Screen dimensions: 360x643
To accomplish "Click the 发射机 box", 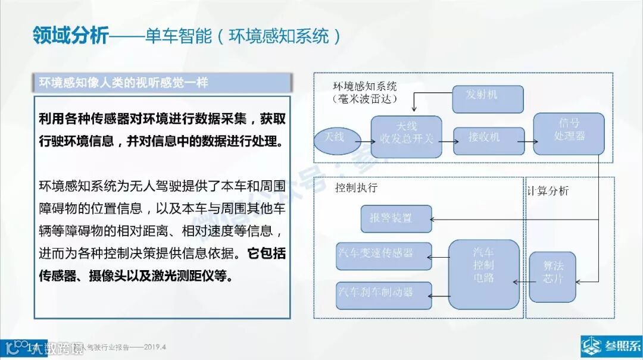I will point(488,99).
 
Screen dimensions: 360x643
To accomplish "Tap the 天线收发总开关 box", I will point(406,136).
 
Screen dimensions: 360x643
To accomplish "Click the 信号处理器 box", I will point(569,134).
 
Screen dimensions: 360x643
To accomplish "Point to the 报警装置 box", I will point(395,219).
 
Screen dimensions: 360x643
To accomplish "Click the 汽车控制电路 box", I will point(483,274).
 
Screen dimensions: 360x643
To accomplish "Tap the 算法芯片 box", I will point(553,276).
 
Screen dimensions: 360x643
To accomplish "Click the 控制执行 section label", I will point(356,188).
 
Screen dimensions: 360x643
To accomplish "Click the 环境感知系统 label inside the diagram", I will point(365,86).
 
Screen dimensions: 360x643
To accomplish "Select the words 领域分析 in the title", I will point(71,36).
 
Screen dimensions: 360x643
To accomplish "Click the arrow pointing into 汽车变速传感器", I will point(440,258).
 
